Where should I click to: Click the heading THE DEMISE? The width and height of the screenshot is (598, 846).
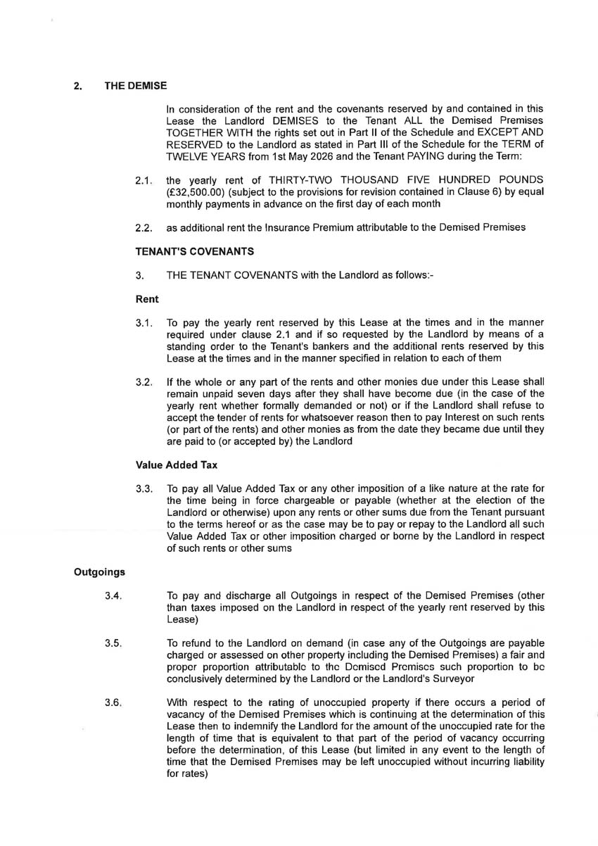click(x=136, y=87)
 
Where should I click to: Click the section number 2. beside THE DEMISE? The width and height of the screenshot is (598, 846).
click(x=78, y=87)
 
